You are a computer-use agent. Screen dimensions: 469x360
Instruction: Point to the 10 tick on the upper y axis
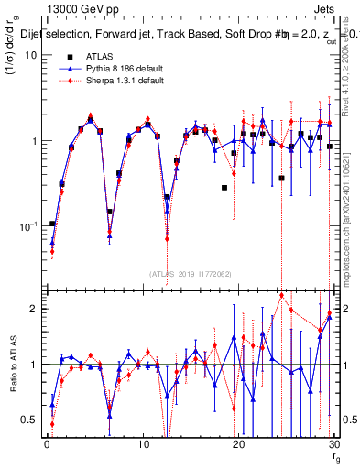(30, 55)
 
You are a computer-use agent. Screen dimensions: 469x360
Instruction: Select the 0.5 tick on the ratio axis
(30, 420)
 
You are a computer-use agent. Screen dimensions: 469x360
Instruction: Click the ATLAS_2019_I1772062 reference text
(190, 274)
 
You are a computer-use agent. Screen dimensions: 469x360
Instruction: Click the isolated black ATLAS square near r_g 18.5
(224, 188)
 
